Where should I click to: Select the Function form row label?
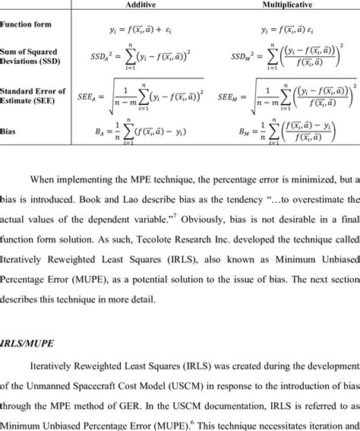click(x=26, y=25)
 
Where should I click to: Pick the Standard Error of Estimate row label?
click(x=33, y=96)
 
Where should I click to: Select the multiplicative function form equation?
click(x=291, y=30)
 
